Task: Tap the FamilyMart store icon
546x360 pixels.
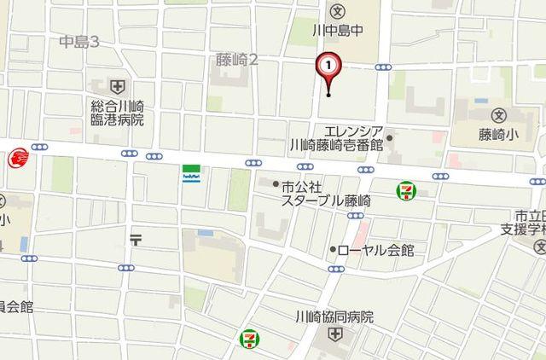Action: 190,174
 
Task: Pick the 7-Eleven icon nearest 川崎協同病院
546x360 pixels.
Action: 248,338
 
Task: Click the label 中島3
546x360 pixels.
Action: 81,41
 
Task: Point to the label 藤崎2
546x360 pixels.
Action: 237,60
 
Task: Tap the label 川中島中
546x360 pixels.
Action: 338,31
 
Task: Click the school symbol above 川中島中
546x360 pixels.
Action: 337,12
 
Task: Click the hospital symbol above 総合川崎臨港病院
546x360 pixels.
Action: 117,87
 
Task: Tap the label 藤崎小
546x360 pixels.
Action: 499,133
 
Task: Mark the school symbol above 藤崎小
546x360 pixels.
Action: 499,114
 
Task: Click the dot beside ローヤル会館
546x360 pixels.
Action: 333,250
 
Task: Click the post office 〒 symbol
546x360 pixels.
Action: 136,240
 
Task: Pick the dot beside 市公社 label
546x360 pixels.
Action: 276,184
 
